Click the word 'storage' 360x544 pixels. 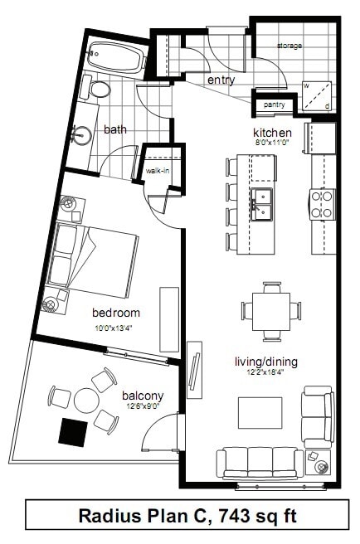pos(289,46)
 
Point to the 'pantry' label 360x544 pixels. pos(275,104)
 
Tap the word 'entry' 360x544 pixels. pos(221,80)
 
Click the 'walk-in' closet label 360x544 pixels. pos(158,171)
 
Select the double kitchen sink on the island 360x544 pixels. pos(262,204)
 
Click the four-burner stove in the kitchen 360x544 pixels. pos(323,204)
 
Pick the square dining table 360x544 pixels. pos(271,312)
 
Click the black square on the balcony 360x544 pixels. pos(72,432)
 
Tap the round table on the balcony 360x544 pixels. pos(86,400)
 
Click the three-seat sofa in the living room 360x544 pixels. pos(260,464)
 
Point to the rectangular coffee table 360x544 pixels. pos(260,413)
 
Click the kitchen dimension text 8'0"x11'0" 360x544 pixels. pos(272,142)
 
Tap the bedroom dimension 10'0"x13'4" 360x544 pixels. pos(113,328)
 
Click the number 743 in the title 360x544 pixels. pos(235,515)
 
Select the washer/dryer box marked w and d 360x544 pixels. pos(317,96)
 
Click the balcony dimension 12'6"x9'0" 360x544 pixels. pos(144,406)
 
